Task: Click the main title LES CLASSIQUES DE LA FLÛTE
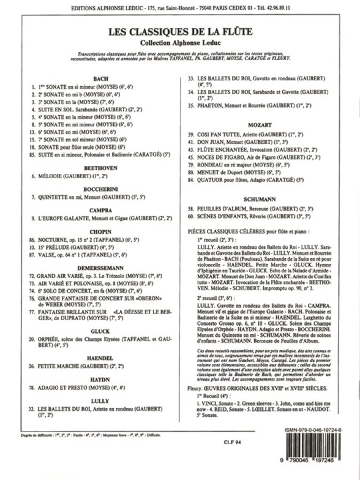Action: tap(180, 32)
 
